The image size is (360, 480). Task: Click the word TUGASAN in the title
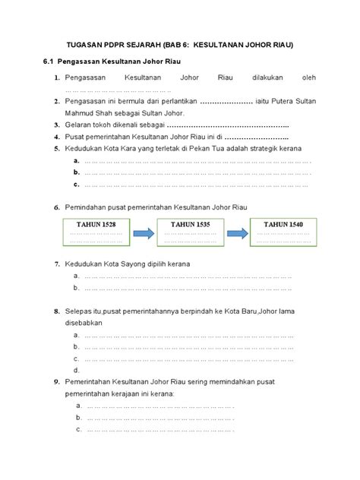pos(84,45)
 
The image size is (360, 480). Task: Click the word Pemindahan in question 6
pos(90,207)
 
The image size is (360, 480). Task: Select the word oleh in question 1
pos(308,77)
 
